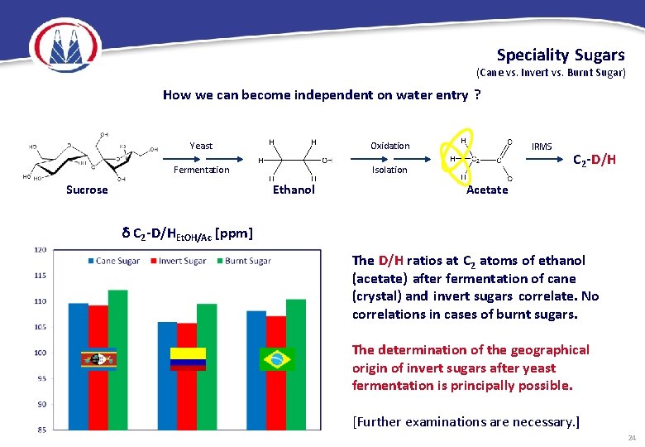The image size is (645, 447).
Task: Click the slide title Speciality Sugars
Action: point(560,55)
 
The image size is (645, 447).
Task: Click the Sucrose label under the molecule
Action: point(87,190)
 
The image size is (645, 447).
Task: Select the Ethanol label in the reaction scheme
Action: point(294,190)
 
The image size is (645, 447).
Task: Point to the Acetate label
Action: point(487,190)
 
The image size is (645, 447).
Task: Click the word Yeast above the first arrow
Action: point(201,146)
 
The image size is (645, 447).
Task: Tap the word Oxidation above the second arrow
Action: point(389,146)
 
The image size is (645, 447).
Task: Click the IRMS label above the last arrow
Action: point(542,146)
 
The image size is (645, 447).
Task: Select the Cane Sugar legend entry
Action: point(114,261)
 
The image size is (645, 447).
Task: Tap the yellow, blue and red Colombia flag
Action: point(187,358)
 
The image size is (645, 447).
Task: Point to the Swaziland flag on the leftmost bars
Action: point(98,359)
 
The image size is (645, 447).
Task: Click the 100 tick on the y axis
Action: point(41,353)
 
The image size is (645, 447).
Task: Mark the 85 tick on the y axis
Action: point(41,429)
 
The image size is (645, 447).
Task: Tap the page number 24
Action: point(632,437)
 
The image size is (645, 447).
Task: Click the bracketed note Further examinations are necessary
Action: point(466,422)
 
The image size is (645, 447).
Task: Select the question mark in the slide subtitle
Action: point(478,95)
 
